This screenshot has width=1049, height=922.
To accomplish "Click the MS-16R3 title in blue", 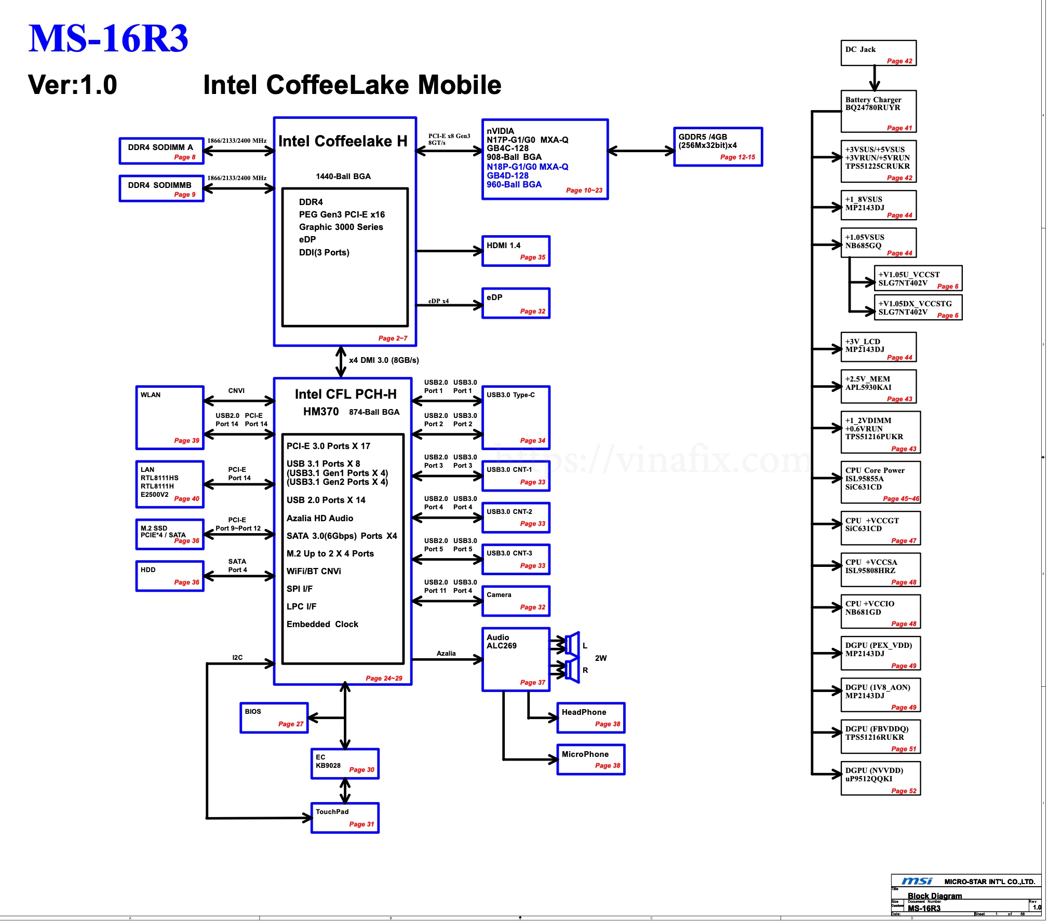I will click(108, 39).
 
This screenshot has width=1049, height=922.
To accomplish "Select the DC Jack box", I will click(878, 53).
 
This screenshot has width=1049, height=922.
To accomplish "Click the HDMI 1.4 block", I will click(515, 251).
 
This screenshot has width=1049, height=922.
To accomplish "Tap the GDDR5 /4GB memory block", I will click(718, 147).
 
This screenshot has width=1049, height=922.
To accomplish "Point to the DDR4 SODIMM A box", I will click(161, 151).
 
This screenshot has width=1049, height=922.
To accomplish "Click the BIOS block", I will click(274, 718).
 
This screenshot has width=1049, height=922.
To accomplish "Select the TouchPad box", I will click(345, 818).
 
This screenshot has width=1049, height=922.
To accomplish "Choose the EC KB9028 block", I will click(345, 764).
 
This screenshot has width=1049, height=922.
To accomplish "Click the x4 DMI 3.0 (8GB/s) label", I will click(384, 360).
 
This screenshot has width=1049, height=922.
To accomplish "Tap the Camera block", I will click(515, 601).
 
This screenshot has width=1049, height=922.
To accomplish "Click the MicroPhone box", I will click(590, 760).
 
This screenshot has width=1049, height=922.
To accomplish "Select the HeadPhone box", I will click(590, 718).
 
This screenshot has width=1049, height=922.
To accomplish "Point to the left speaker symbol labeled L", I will click(572, 645).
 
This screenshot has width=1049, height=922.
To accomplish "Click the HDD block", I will click(169, 576).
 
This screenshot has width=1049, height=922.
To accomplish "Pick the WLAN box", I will click(169, 417).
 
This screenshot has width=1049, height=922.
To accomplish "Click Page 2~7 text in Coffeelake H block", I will click(393, 338).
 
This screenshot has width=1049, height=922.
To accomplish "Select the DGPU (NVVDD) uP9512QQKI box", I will click(880, 778).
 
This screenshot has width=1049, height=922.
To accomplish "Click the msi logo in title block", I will click(917, 882).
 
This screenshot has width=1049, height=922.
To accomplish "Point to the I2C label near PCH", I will click(237, 657).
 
